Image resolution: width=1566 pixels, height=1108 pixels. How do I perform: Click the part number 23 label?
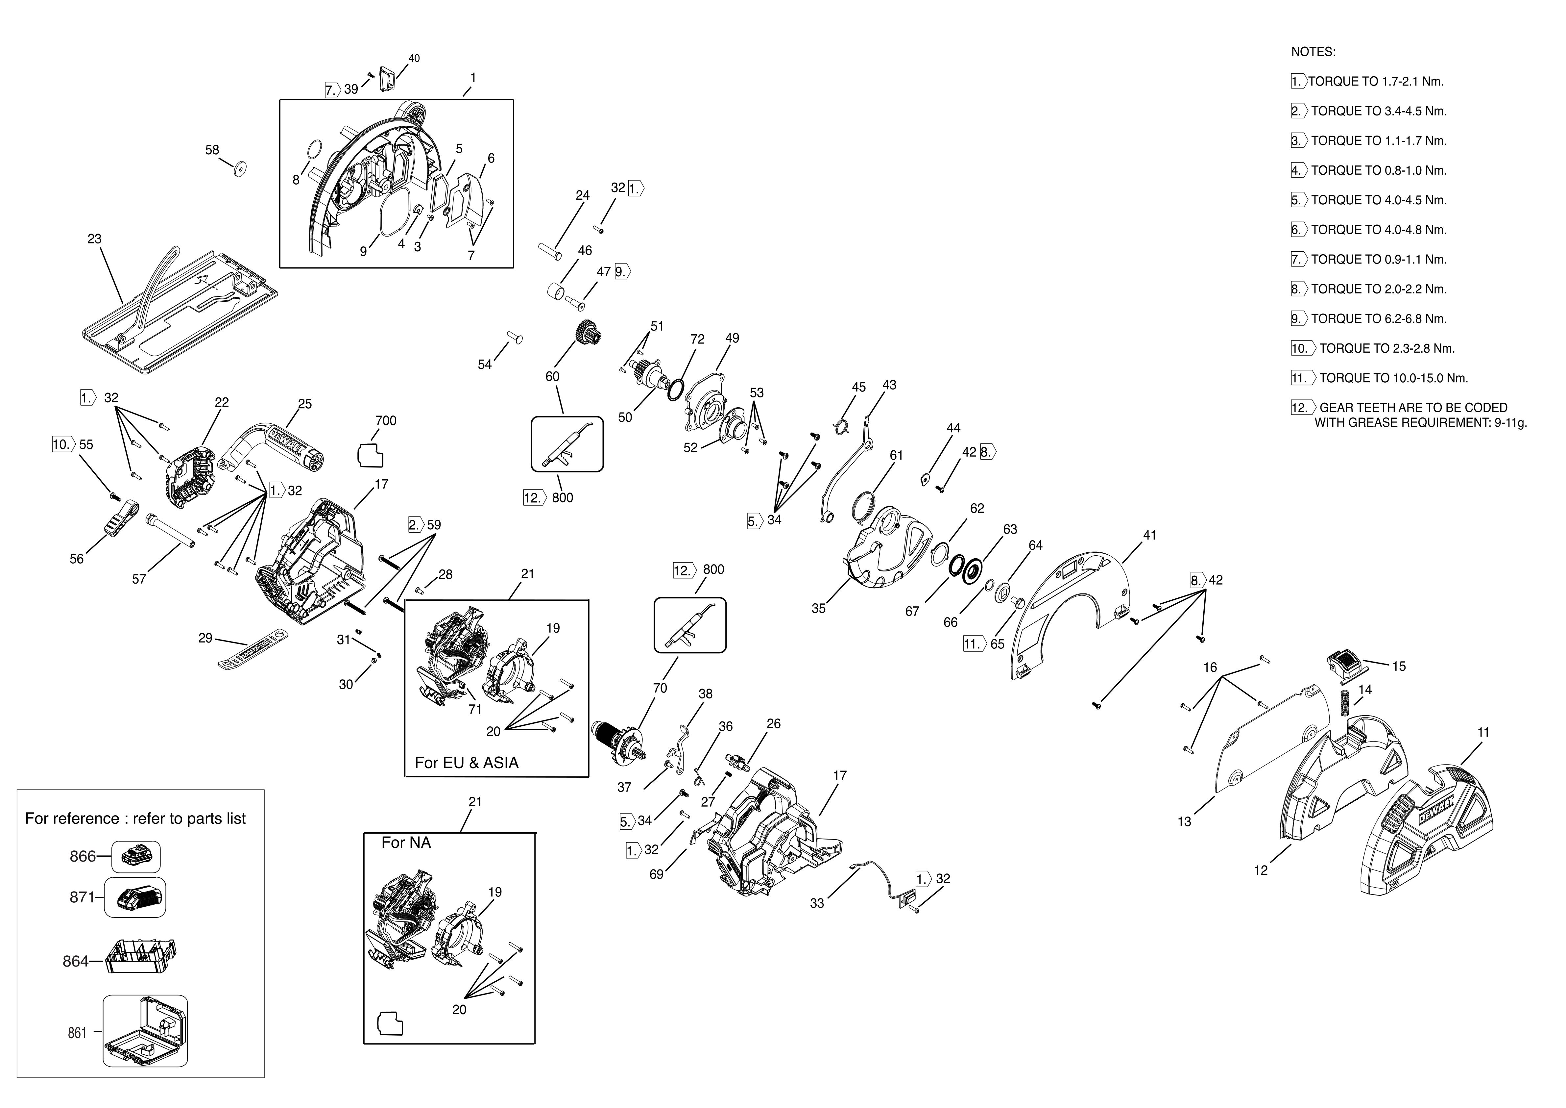coord(94,239)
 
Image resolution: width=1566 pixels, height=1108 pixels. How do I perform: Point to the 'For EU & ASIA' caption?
coord(467,763)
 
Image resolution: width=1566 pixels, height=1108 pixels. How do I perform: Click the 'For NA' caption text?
coord(406,843)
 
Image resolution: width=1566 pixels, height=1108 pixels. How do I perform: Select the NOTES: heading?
coord(1313,52)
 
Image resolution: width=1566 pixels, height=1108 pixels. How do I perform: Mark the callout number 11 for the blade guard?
coord(1483,732)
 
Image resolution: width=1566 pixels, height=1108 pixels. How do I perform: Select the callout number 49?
coord(732,339)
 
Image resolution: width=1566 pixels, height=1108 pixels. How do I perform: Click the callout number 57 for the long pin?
coord(139,579)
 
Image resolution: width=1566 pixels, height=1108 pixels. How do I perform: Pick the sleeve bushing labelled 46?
coord(557,292)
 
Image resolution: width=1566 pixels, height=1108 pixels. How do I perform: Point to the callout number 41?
coord(1150,536)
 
